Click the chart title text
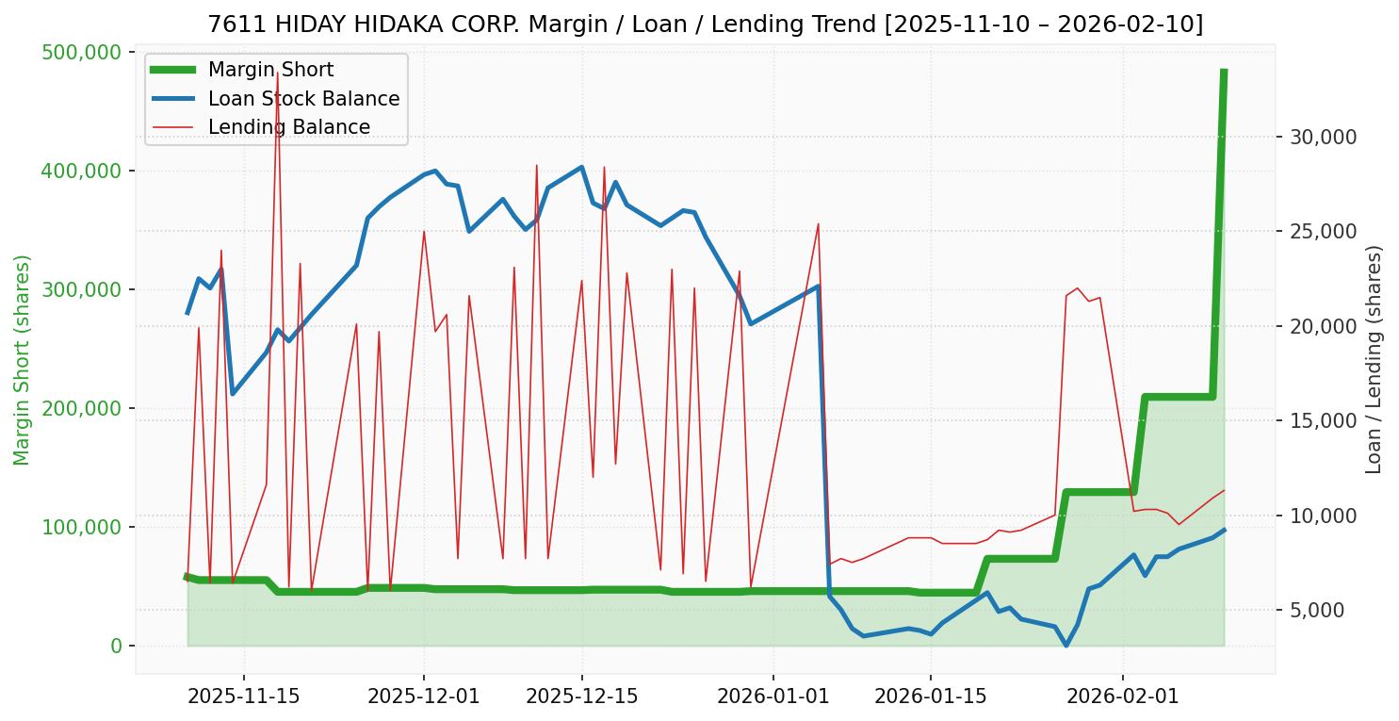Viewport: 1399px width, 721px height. click(705, 25)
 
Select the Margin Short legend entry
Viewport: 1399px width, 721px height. click(270, 70)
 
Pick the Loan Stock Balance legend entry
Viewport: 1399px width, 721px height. click(303, 99)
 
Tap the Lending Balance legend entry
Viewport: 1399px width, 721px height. click(288, 127)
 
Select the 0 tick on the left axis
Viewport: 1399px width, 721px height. click(117, 646)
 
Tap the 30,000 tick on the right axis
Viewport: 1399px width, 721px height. click(1323, 137)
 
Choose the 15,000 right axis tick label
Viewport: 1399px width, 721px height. click(1323, 420)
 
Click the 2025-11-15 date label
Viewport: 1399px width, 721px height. click(244, 696)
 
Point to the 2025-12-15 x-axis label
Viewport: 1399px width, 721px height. click(581, 696)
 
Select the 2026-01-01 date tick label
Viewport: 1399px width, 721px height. click(773, 696)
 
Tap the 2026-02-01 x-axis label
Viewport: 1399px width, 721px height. click(1122, 696)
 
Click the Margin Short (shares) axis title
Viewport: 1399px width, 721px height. click(23, 359)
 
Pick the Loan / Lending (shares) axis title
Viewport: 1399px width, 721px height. click(1374, 359)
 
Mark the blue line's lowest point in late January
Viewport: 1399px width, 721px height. click(1066, 646)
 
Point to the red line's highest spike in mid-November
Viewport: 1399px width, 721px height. click(277, 74)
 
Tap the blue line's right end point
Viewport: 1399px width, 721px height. click(1224, 530)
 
